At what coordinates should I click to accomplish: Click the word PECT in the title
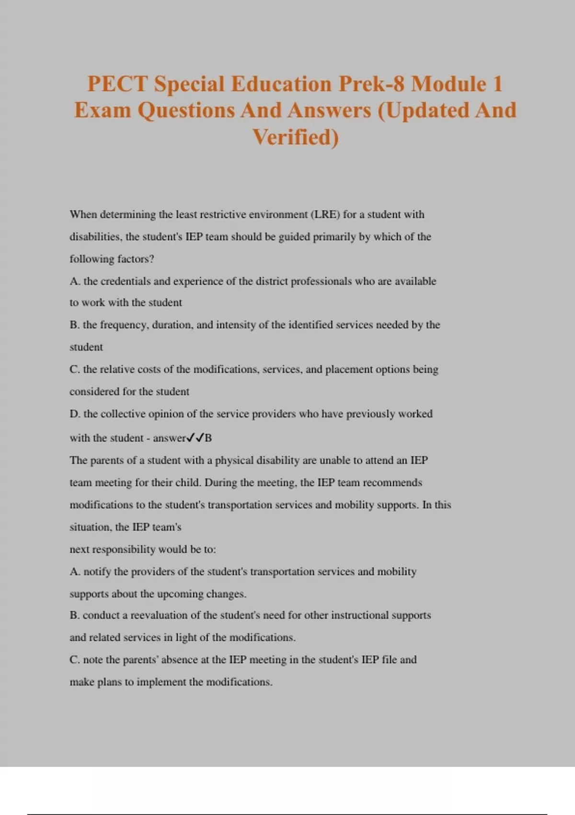(117, 84)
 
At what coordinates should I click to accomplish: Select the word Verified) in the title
(296, 137)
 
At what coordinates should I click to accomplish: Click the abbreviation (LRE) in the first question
(326, 214)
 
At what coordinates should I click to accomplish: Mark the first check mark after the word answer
(190, 438)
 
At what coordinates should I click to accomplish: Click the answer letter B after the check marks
(208, 438)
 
